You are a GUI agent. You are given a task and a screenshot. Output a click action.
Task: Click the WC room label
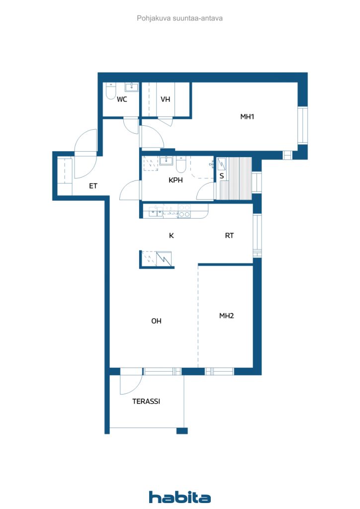tap(122, 99)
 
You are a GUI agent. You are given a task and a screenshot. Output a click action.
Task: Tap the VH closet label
tap(166, 99)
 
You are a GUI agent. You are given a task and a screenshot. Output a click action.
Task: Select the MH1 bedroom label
tap(247, 117)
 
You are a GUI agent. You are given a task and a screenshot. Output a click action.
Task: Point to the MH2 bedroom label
tap(227, 316)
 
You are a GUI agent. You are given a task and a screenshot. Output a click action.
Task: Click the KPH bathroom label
tap(176, 180)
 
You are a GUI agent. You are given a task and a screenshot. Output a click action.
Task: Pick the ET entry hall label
tap(93, 186)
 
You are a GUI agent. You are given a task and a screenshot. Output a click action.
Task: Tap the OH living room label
tap(157, 321)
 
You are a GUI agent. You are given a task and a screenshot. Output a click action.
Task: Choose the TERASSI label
tap(146, 402)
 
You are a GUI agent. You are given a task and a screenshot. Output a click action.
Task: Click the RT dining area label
tap(229, 236)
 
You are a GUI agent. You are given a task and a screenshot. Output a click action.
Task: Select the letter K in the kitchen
tap(172, 236)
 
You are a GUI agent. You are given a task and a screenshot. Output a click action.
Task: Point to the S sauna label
tap(222, 176)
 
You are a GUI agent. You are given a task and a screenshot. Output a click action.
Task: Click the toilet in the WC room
tap(111, 91)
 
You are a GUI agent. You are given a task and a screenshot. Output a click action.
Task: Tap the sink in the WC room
tap(131, 87)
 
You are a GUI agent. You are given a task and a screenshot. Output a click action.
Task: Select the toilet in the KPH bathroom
tap(181, 165)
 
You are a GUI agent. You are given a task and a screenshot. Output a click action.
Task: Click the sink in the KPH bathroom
tap(166, 161)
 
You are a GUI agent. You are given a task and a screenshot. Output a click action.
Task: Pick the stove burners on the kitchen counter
tap(184, 211)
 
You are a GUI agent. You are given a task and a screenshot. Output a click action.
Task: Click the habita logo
tap(180, 497)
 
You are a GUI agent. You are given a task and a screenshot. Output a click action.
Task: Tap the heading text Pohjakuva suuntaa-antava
tap(180, 18)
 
